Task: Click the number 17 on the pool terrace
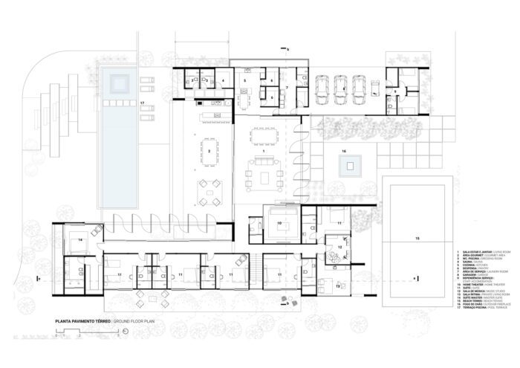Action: point(141,101)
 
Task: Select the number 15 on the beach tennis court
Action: point(417,238)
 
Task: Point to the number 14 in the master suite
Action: point(79,240)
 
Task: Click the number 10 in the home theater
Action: point(280,222)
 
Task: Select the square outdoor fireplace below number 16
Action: point(347,165)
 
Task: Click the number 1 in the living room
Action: point(264,151)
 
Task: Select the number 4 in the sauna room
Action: point(223,80)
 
